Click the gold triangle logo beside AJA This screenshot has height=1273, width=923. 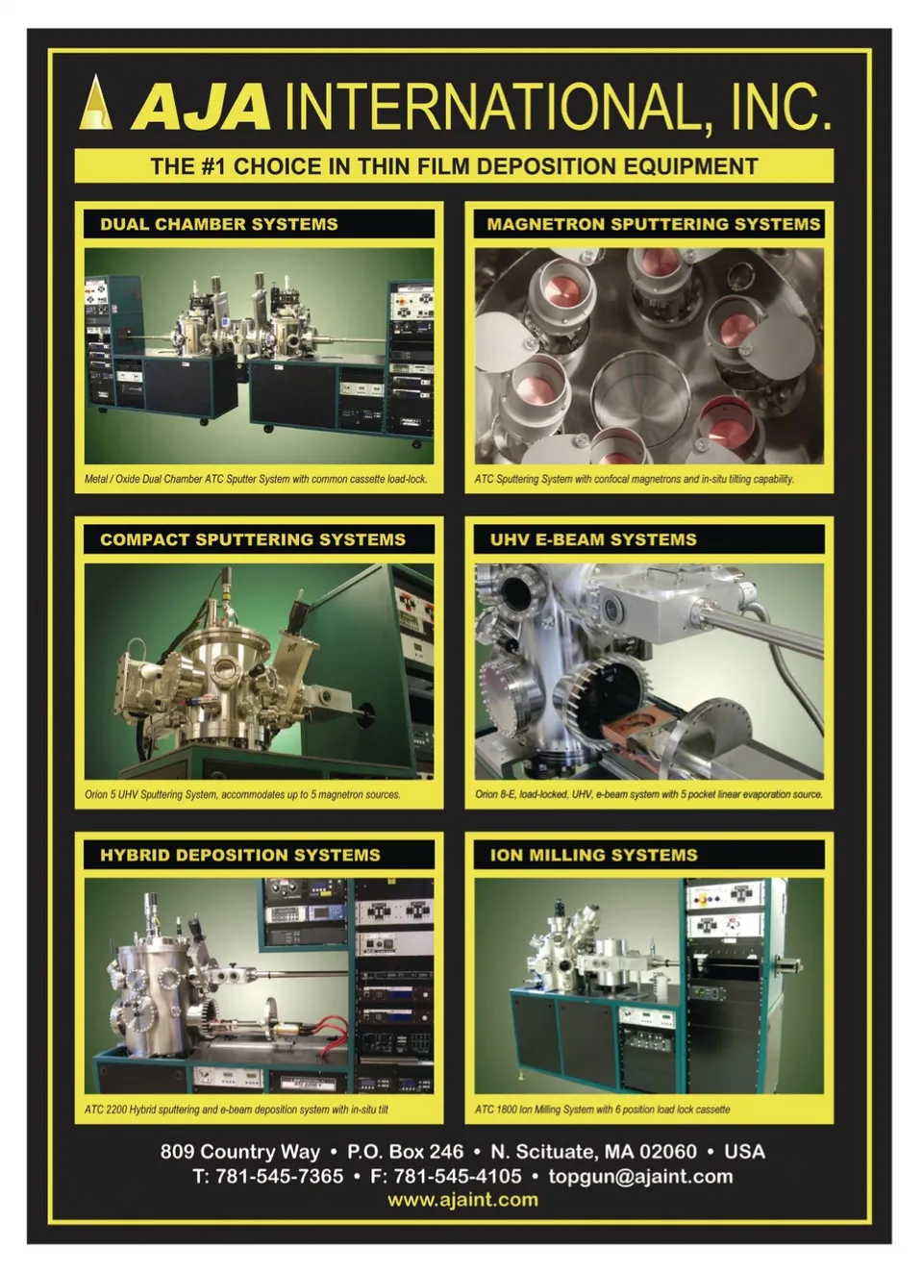[x=95, y=103]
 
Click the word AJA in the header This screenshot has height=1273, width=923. [x=200, y=108]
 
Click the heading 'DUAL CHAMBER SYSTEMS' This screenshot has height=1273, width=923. [x=219, y=224]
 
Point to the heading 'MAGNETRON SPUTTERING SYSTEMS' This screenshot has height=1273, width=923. [x=654, y=224]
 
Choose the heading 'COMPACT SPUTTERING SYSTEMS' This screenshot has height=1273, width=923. [x=253, y=539]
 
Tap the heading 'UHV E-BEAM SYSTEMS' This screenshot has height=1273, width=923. [x=593, y=539]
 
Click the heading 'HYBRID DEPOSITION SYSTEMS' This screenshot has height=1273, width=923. [x=240, y=856]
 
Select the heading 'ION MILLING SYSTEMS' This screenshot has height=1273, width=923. [x=594, y=856]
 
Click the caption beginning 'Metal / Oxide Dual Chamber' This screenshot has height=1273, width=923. [x=256, y=479]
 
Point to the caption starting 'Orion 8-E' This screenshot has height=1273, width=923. [x=649, y=794]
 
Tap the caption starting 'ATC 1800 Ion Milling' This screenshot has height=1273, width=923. [x=603, y=1110]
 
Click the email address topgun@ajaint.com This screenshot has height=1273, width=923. [x=640, y=1177]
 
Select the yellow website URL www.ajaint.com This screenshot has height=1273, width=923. [x=462, y=1200]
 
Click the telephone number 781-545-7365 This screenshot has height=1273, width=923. [x=279, y=1176]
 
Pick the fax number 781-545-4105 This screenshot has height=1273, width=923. [x=458, y=1176]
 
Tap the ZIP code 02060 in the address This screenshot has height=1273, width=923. [x=668, y=1152]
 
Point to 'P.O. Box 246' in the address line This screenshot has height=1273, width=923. [x=405, y=1152]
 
